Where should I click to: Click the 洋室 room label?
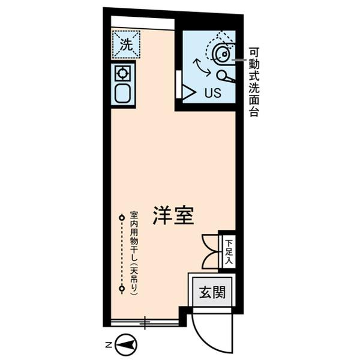[x=172, y=216]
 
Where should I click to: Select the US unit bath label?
[x=212, y=94]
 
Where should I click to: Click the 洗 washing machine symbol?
[x=125, y=44]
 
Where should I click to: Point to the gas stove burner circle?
[x=123, y=74]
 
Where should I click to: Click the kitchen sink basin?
[x=123, y=94]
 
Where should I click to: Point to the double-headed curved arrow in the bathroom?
[x=201, y=67]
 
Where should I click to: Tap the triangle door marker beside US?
[x=188, y=92]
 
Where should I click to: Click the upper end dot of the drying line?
[x=121, y=218]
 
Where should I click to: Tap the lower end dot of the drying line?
[x=121, y=289]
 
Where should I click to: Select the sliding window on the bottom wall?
[x=145, y=323]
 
